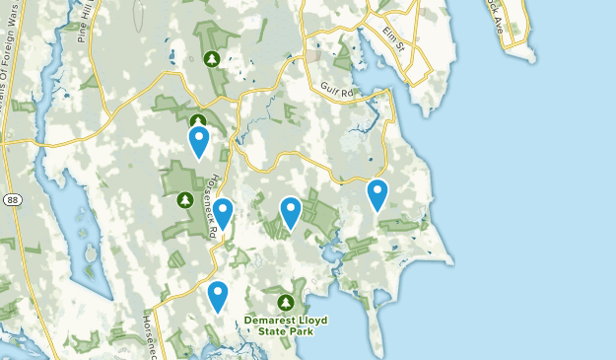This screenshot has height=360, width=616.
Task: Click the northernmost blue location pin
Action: (199, 140)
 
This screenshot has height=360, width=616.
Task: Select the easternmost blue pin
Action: (376, 193)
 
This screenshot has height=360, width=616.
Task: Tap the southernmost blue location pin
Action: (218, 295)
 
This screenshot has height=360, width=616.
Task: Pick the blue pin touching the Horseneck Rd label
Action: (223, 212)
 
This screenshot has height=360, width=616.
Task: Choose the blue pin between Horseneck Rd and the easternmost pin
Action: (290, 211)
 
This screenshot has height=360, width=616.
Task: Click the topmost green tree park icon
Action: (212, 60)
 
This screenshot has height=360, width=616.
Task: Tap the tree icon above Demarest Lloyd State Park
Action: (286, 302)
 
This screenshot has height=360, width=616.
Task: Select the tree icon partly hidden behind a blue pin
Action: (198, 121)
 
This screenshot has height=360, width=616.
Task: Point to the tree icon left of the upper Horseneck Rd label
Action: (184, 200)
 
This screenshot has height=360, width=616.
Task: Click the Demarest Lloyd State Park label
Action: (286, 326)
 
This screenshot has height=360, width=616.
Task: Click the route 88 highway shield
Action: (11, 199)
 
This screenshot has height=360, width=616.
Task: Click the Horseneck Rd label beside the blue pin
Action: (212, 205)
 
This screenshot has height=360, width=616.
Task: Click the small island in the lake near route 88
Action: (90, 254)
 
